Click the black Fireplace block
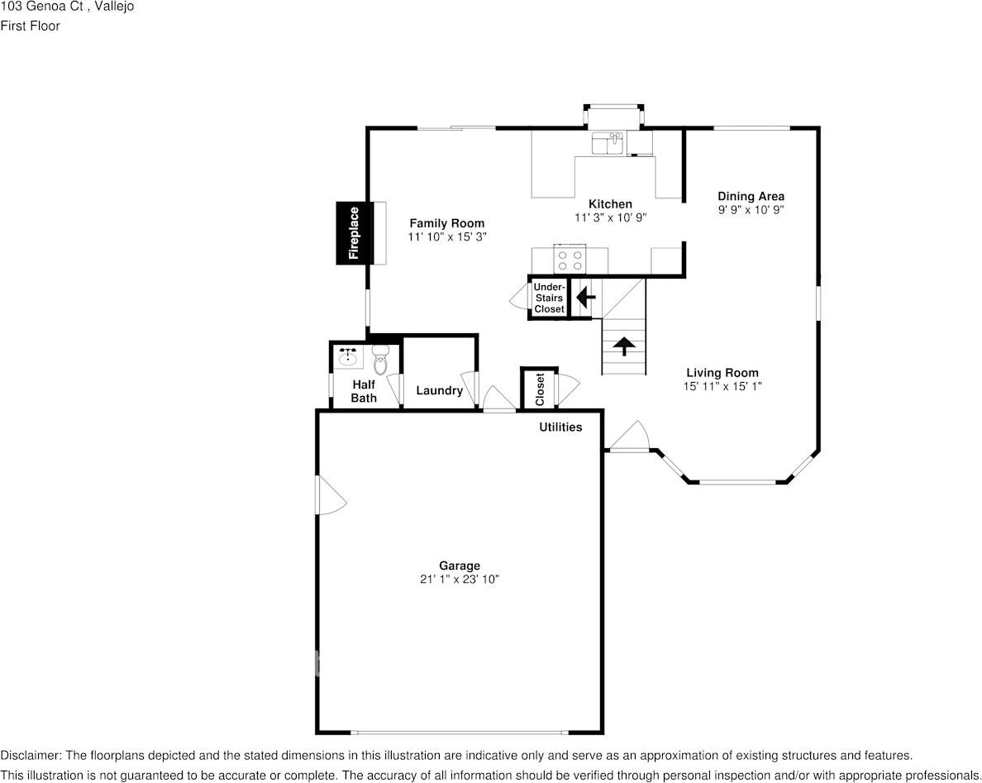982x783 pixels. click(354, 233)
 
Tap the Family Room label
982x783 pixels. click(446, 223)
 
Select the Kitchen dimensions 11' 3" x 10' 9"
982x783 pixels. click(611, 217)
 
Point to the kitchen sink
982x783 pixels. click(607, 143)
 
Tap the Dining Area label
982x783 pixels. click(751, 196)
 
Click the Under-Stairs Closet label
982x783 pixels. click(549, 298)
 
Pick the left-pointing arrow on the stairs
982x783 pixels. click(585, 297)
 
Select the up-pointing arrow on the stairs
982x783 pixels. click(624, 346)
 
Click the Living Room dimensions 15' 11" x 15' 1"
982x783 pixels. click(722, 386)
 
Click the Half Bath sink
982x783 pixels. click(348, 356)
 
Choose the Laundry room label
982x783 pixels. click(439, 390)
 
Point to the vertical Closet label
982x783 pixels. click(540, 389)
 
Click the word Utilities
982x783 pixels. click(560, 427)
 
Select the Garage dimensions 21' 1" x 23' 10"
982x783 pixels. click(459, 580)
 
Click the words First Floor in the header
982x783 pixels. click(30, 26)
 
